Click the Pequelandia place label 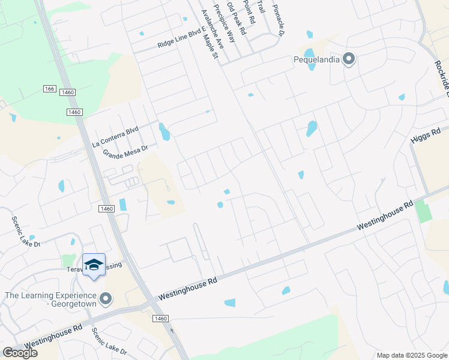click(x=316, y=59)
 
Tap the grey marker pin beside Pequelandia click(x=349, y=59)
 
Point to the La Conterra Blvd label click(x=115, y=137)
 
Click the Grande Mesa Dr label click(x=125, y=150)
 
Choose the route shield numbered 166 click(x=49, y=89)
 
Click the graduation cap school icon click(x=93, y=265)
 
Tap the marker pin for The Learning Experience click(x=106, y=298)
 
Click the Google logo click(x=20, y=353)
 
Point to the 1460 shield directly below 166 click(x=74, y=112)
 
